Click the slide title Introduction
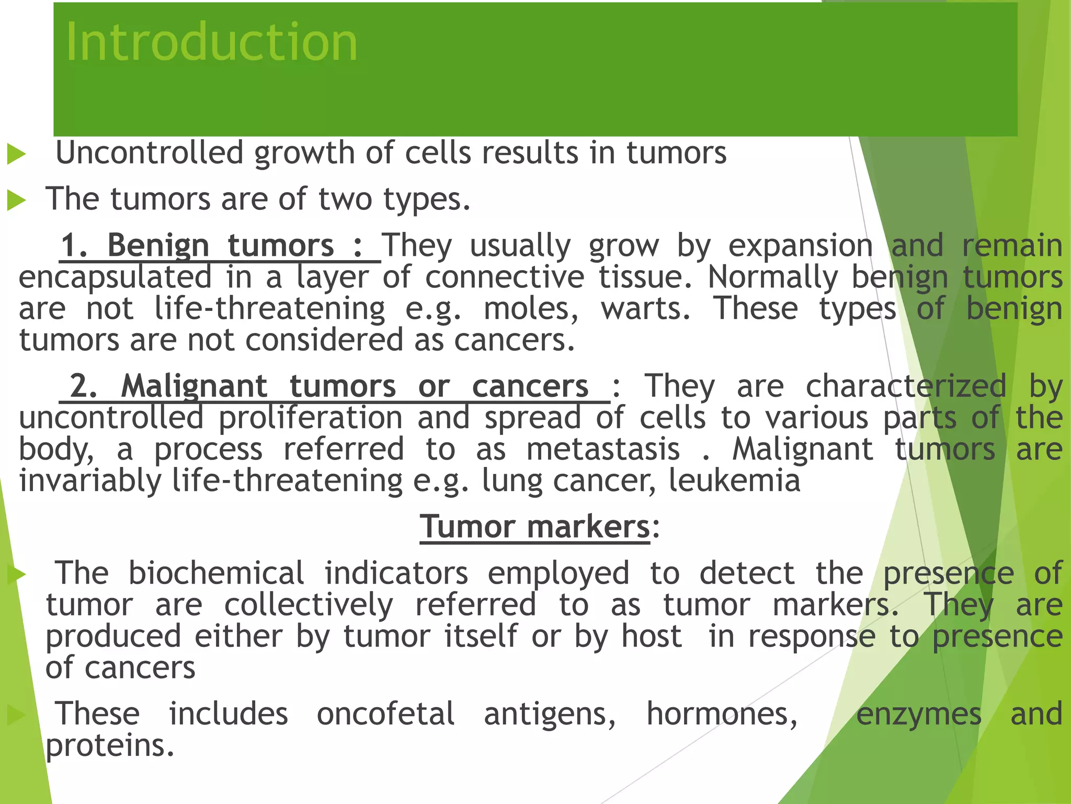click(x=211, y=43)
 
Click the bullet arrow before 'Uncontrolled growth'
click(x=16, y=154)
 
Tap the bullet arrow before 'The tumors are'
click(x=16, y=200)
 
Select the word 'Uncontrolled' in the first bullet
click(x=150, y=153)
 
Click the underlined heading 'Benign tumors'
click(x=220, y=245)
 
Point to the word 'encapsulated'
click(x=115, y=277)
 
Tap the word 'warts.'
click(x=645, y=309)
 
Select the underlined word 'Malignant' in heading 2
click(x=194, y=386)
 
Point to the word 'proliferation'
click(x=311, y=418)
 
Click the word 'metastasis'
click(x=602, y=449)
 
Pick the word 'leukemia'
click(x=734, y=481)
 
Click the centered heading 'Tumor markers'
click(x=534, y=527)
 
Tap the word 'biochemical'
click(x=216, y=573)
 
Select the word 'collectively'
click(x=309, y=605)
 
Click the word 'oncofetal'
click(x=385, y=714)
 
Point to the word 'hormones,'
click(x=722, y=714)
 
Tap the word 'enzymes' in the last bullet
click(x=919, y=714)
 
